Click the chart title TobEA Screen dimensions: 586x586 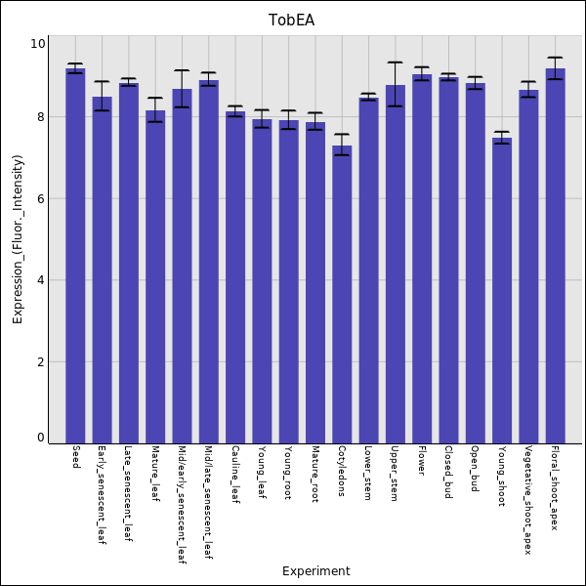click(x=292, y=21)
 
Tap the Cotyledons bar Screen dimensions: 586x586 click(x=342, y=294)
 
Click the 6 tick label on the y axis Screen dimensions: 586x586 click(x=40, y=199)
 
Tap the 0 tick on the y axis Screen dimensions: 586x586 click(x=40, y=438)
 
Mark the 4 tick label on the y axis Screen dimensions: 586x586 click(x=40, y=281)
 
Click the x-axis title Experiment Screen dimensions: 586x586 click(x=315, y=571)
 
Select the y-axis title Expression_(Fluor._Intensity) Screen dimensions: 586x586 click(x=18, y=239)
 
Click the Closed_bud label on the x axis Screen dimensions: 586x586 click(x=448, y=473)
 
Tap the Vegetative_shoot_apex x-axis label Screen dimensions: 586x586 click(x=528, y=500)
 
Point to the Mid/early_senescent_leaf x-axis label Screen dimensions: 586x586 click(x=182, y=505)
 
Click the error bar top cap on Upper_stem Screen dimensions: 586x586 click(x=395, y=63)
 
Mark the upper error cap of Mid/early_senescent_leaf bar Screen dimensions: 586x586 click(x=182, y=70)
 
